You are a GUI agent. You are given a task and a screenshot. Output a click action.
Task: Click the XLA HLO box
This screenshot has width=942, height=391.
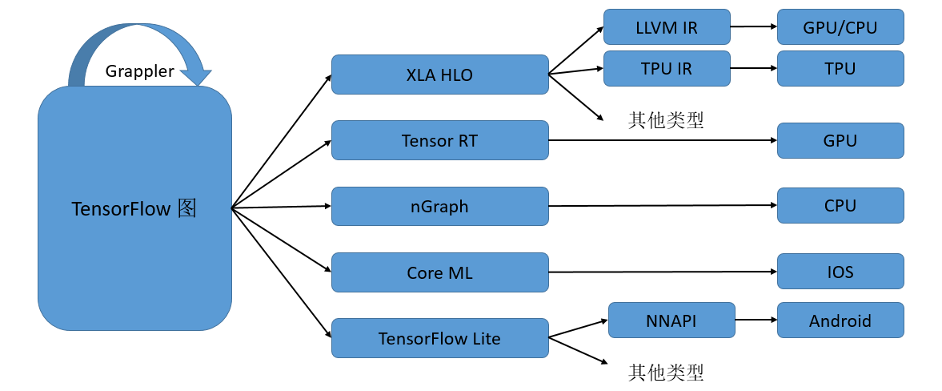tap(439, 75)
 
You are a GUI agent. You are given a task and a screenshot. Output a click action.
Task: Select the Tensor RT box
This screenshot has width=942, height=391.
tap(439, 140)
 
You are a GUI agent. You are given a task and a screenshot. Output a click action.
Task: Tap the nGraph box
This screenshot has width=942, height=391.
tap(439, 207)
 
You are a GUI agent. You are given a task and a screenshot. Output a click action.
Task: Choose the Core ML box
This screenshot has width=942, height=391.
tap(439, 272)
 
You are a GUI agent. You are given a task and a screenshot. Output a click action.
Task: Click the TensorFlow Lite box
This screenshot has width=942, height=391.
tap(439, 338)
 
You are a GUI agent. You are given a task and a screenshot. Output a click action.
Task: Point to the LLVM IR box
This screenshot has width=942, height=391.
tap(667, 27)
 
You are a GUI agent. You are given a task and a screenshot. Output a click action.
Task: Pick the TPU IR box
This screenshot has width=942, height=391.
tap(667, 68)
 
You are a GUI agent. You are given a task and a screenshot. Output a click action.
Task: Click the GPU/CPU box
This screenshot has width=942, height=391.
tap(840, 27)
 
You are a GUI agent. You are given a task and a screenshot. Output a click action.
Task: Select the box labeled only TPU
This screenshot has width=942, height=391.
tap(840, 68)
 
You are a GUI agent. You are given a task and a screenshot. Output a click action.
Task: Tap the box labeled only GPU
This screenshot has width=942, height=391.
tap(840, 140)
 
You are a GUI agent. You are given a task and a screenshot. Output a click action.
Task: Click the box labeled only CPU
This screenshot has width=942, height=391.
tap(840, 206)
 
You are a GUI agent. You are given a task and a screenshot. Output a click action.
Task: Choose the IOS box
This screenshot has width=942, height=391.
tap(840, 272)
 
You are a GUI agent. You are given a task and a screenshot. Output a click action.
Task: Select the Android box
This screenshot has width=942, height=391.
tap(840, 320)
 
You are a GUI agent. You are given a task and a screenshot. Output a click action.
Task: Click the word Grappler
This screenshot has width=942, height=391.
tap(139, 71)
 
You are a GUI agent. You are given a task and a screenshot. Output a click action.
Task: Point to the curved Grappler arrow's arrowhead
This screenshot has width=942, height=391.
tap(195, 76)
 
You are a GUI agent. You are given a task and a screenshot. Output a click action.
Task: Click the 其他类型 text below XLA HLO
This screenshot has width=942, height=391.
tap(666, 120)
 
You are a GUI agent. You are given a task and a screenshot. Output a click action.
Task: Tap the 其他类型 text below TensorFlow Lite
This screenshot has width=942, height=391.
tap(666, 372)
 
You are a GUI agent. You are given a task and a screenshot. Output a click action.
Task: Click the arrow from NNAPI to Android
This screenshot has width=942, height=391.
tap(756, 320)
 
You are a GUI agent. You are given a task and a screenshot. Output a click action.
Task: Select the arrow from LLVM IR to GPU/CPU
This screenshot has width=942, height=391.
tap(753, 26)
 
